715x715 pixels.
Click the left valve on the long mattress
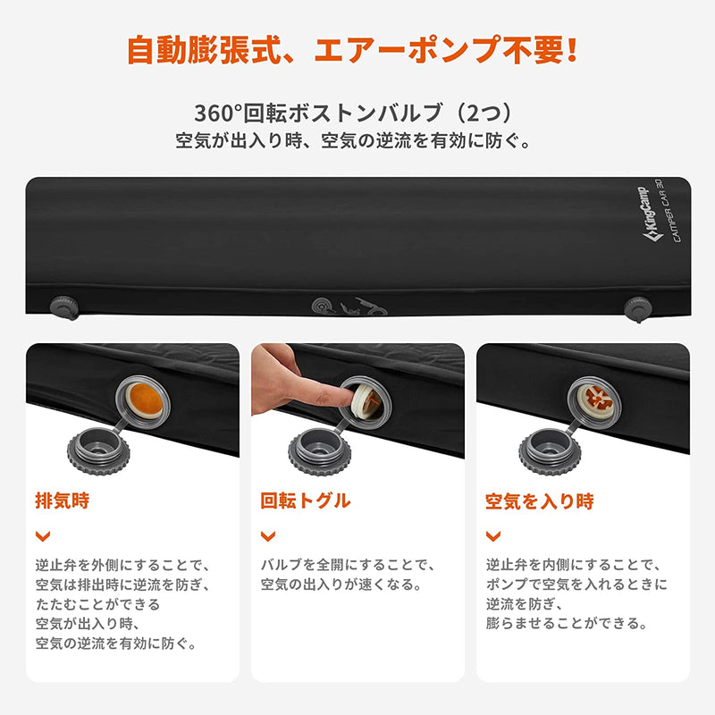(63, 307)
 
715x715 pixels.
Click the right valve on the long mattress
(636, 309)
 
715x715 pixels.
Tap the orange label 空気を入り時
(539, 500)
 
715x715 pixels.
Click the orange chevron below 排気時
(41, 535)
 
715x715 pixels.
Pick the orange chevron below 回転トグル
(266, 535)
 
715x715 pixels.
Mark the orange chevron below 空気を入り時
(492, 535)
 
